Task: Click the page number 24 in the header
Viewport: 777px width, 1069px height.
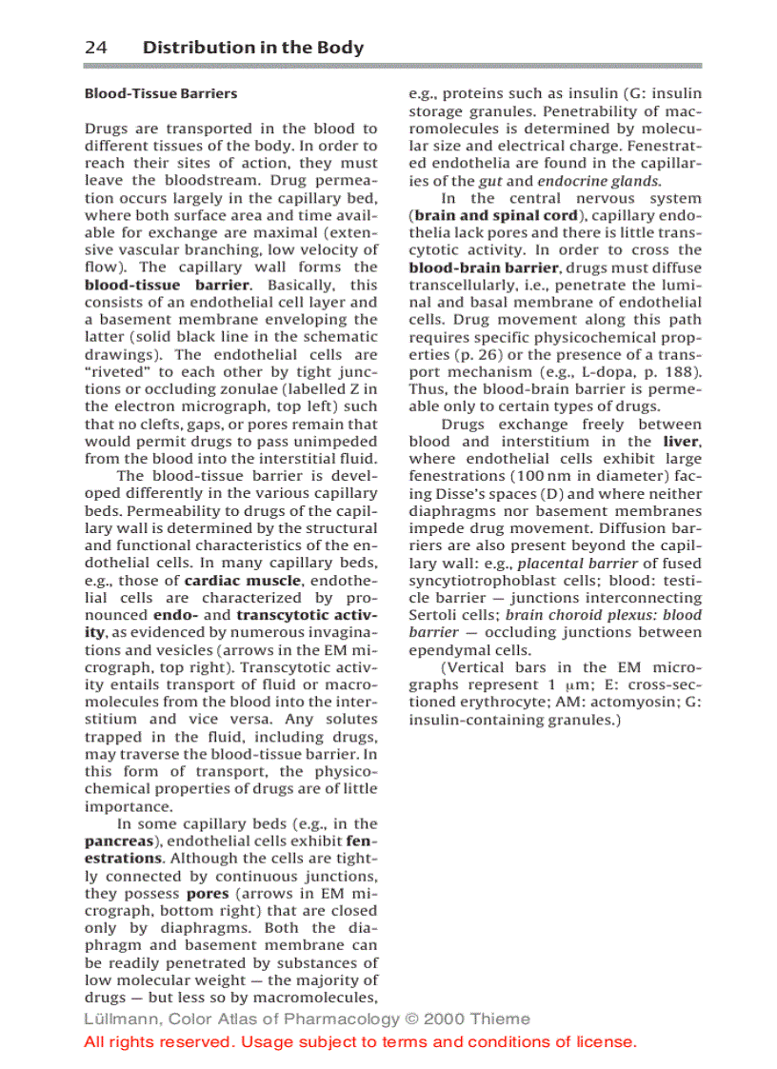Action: pyautogui.click(x=95, y=48)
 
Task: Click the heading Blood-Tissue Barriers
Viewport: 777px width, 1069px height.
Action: pyautogui.click(x=161, y=93)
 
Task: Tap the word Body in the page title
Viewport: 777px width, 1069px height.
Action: pyautogui.click(x=339, y=48)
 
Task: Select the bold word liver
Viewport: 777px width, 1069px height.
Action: pyautogui.click(x=683, y=442)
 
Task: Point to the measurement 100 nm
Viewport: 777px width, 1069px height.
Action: pyautogui.click(x=540, y=477)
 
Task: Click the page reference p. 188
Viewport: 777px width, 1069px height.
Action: pyautogui.click(x=677, y=372)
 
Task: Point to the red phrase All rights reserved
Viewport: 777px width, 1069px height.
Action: pyautogui.click(x=160, y=1041)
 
